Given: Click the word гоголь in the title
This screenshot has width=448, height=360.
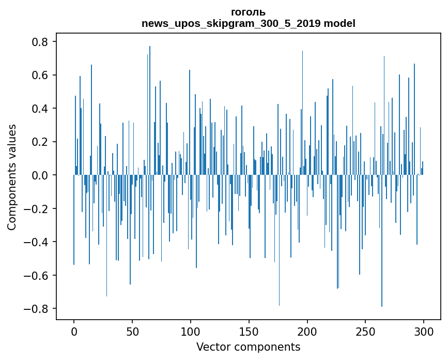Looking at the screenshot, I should (x=248, y=12).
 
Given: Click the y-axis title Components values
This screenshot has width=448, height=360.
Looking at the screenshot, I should (x=12, y=177).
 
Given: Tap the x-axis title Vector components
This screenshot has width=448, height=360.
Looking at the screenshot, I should (x=248, y=347).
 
